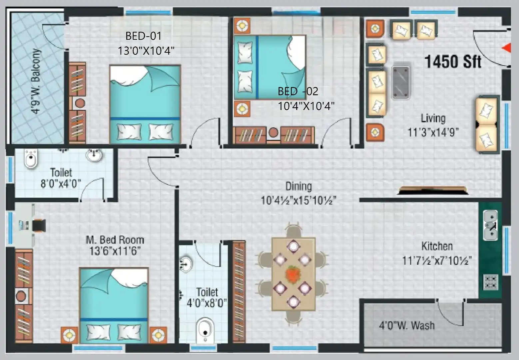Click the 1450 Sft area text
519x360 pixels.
pyautogui.click(x=453, y=62)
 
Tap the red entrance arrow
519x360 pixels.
pyautogui.click(x=506, y=48)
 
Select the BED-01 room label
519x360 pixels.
pyautogui.click(x=143, y=36)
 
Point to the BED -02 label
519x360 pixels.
pyautogui.click(x=298, y=91)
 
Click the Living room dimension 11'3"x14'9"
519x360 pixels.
pyautogui.click(x=433, y=132)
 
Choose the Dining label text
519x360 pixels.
pyautogui.click(x=298, y=186)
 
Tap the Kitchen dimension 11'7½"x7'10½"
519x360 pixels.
pyautogui.click(x=437, y=260)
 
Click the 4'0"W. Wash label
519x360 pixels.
pyautogui.click(x=407, y=325)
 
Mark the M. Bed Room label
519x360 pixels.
pyautogui.click(x=115, y=240)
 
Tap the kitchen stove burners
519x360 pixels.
pyautogui.click(x=490, y=282)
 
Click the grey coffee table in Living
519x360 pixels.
pyautogui.click(x=400, y=82)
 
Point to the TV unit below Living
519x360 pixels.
pyautogui.click(x=432, y=190)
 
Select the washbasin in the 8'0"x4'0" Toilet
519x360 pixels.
pyautogui.click(x=94, y=155)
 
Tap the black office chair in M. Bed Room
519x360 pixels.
pyautogui.click(x=39, y=225)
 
